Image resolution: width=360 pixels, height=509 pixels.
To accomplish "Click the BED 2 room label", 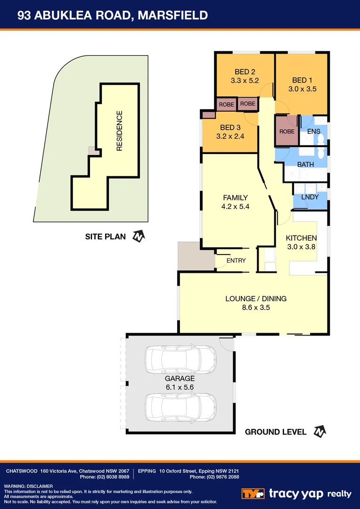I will point(245,72).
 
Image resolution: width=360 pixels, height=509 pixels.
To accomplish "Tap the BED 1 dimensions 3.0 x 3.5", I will point(302,88).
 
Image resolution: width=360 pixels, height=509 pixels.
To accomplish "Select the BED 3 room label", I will point(230,127).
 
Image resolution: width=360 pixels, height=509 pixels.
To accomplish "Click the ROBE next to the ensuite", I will point(287,131).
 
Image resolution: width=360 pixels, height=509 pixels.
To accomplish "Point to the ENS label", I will point(314,131).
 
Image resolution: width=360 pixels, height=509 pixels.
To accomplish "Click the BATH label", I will point(305,164).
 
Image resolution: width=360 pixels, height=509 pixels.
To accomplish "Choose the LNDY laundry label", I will point(310,197).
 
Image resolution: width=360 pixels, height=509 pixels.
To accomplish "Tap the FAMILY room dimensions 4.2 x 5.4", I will point(235,206).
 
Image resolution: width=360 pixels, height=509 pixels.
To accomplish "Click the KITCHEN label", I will point(302,238).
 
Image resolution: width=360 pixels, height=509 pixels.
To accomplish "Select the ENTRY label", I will point(236,261).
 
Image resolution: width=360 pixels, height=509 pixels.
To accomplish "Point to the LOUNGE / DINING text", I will point(256,298).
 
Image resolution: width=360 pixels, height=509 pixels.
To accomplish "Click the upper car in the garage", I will point(181,360).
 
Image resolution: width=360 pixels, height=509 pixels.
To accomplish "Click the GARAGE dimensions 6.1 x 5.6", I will point(179,387).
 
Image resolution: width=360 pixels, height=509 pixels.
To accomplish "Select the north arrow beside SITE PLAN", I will point(138,236).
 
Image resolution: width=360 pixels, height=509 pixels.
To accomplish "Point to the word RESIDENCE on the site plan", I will point(119,131).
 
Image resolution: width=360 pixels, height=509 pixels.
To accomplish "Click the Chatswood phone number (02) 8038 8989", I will point(109,477).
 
